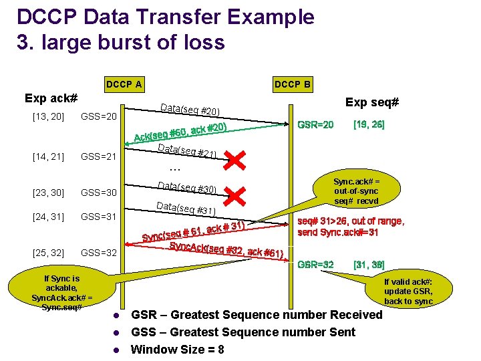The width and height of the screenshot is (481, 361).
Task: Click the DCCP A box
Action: click(124, 84)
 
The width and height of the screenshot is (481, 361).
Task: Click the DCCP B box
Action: click(292, 84)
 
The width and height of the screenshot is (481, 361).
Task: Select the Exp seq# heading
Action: click(372, 102)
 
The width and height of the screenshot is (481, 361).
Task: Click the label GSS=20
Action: click(99, 117)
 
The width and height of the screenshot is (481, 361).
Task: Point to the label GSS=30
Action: click(99, 193)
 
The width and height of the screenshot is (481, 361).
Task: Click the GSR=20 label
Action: click(315, 125)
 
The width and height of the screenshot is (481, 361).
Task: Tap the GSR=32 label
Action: click(315, 264)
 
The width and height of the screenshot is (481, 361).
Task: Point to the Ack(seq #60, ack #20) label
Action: click(181, 132)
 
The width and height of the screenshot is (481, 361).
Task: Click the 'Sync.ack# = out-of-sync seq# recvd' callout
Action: click(356, 191)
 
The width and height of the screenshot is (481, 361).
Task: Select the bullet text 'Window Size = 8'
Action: click(178, 349)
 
